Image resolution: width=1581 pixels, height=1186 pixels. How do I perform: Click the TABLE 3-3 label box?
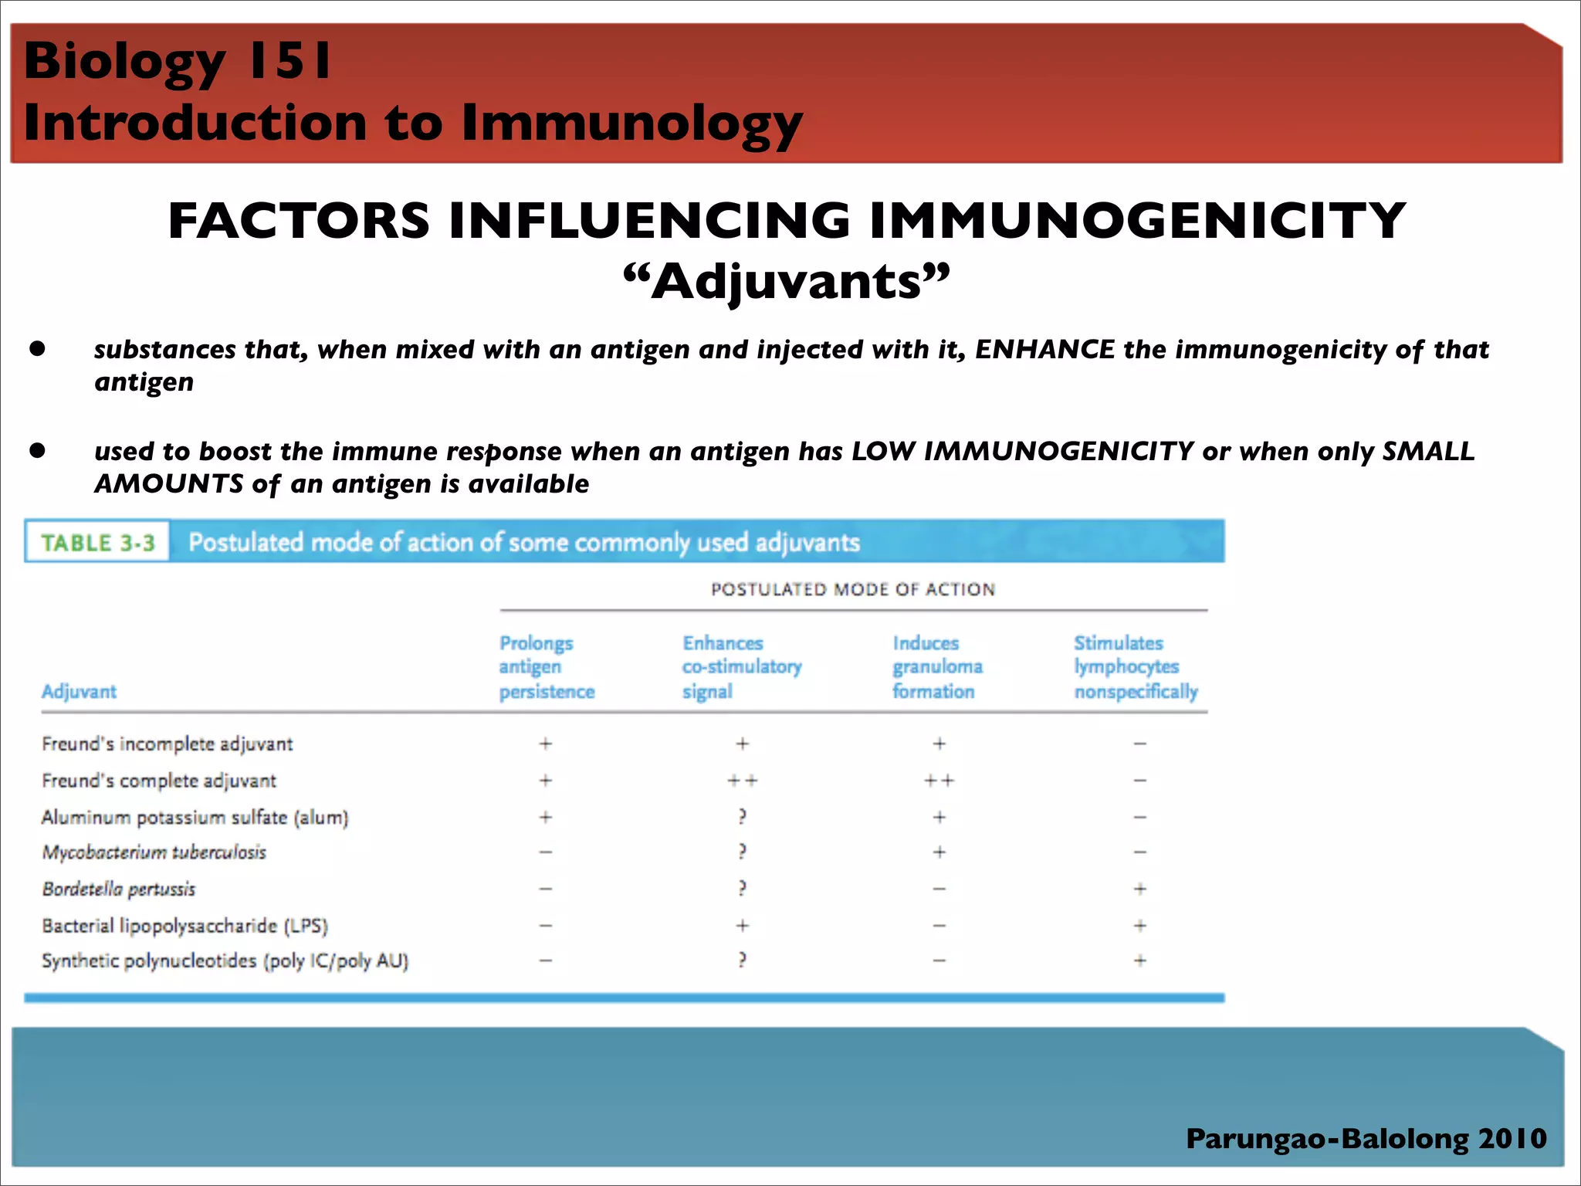point(97,543)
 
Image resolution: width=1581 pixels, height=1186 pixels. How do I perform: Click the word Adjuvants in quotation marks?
point(787,281)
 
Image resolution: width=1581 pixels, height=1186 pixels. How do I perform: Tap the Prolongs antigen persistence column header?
point(547,667)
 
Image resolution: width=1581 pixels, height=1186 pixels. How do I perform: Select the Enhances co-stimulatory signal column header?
point(742,667)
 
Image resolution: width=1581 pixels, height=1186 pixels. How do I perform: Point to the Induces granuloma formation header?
point(937,667)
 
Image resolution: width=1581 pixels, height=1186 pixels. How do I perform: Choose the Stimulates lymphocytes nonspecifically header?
point(1135,667)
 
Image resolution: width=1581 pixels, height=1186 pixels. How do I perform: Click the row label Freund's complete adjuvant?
point(159,781)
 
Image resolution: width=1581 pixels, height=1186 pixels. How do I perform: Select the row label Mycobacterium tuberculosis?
point(154,852)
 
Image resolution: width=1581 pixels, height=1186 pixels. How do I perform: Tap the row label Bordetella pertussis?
point(119,889)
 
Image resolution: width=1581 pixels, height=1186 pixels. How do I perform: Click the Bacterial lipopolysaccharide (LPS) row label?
point(185,925)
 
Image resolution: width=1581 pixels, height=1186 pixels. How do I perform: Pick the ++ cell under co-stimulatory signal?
point(743,781)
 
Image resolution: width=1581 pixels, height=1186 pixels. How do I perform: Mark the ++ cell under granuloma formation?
point(939,781)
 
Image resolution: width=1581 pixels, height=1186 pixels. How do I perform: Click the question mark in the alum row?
point(742,816)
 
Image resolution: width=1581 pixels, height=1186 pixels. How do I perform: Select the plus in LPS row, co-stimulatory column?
point(742,925)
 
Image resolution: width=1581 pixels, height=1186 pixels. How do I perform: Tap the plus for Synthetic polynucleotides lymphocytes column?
point(1139,961)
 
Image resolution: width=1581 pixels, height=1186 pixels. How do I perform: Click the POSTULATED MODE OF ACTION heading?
point(853,589)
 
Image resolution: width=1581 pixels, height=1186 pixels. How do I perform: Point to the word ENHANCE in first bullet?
point(1044,350)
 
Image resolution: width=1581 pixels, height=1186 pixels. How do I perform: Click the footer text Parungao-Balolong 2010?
point(1366,1138)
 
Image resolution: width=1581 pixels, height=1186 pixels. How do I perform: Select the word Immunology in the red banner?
point(631,124)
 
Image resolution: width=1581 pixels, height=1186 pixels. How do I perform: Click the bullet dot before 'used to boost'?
point(38,450)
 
